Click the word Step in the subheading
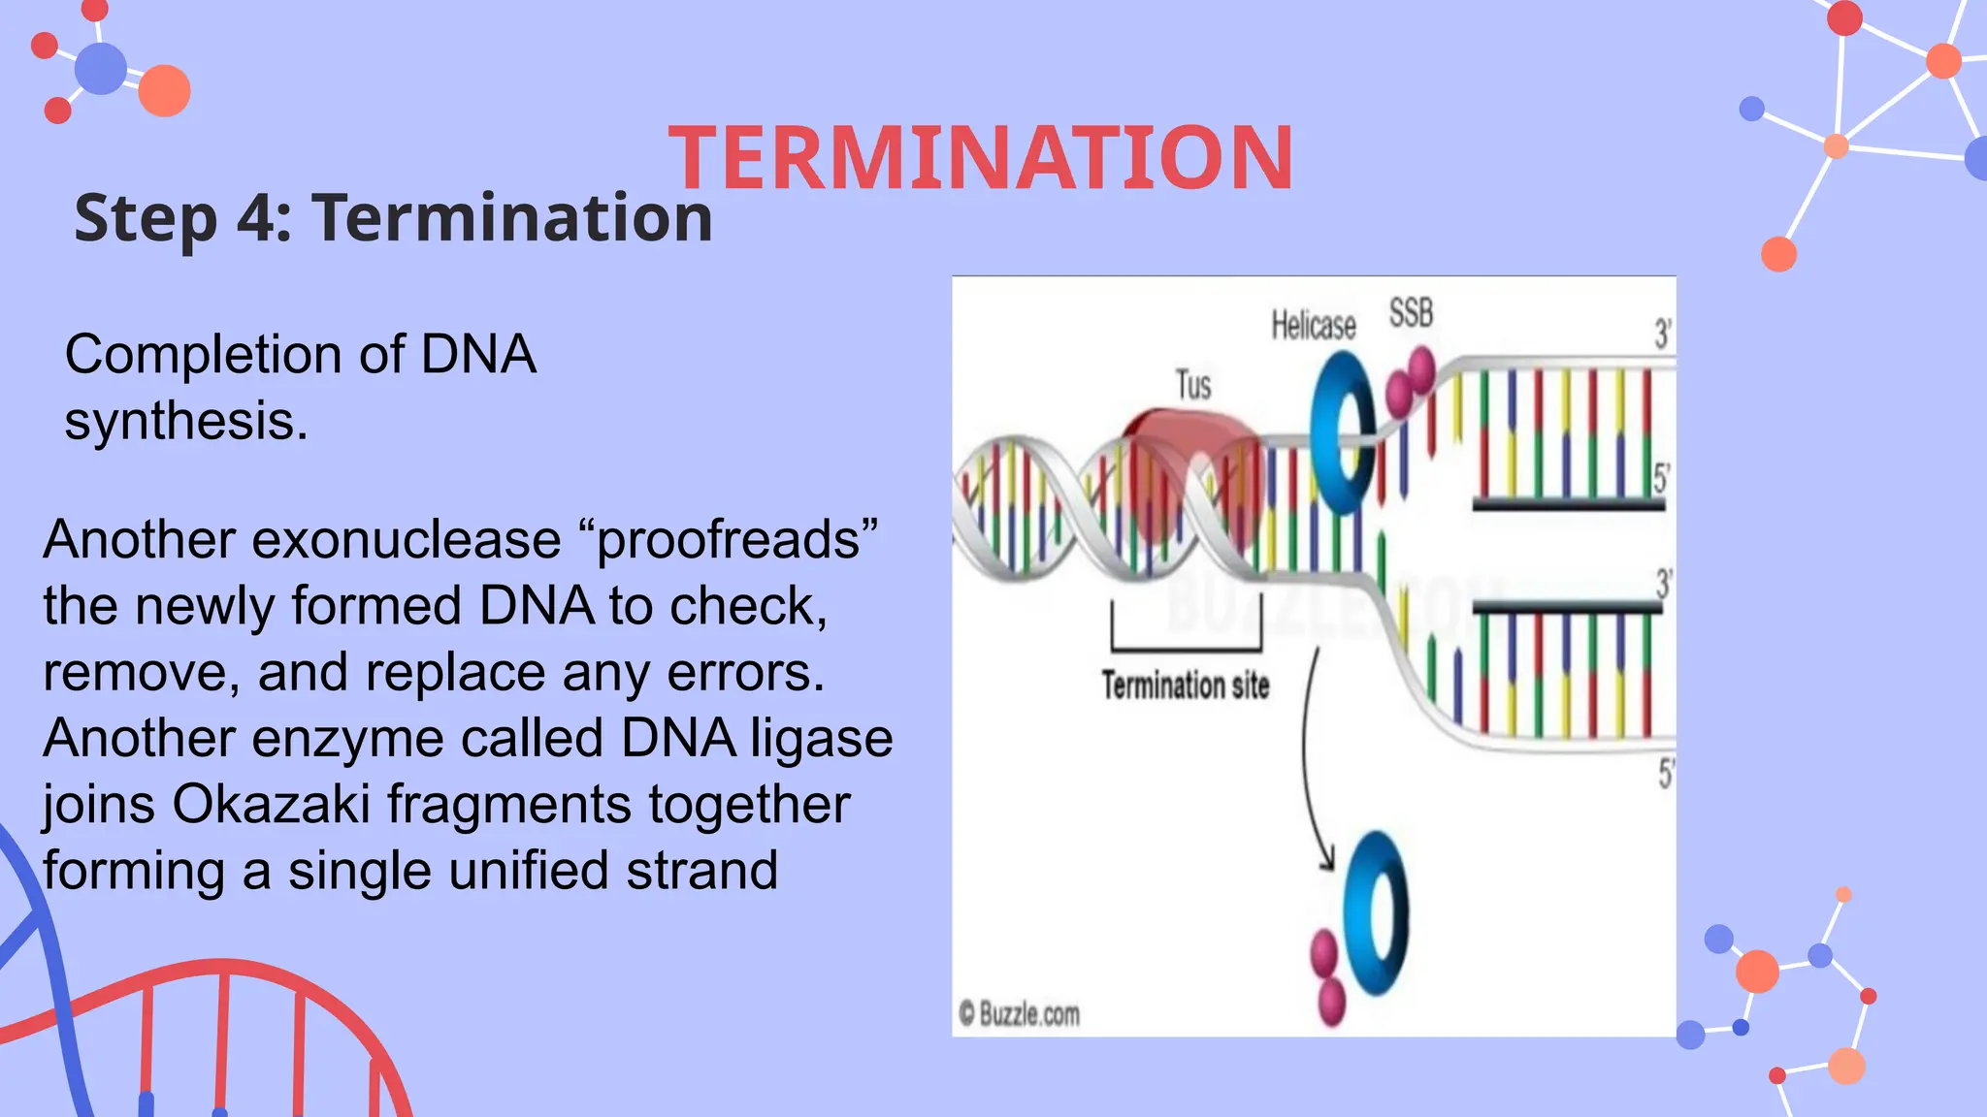click(146, 219)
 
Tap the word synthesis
click(185, 422)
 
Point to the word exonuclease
click(407, 540)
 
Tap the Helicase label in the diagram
click(1313, 326)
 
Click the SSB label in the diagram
click(1411, 313)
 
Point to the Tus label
click(1193, 385)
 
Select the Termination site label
click(1186, 686)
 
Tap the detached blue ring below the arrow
click(1376, 912)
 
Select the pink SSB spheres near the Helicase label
click(1411, 380)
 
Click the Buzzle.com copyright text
click(1020, 1014)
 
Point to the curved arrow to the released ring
click(1308, 756)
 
